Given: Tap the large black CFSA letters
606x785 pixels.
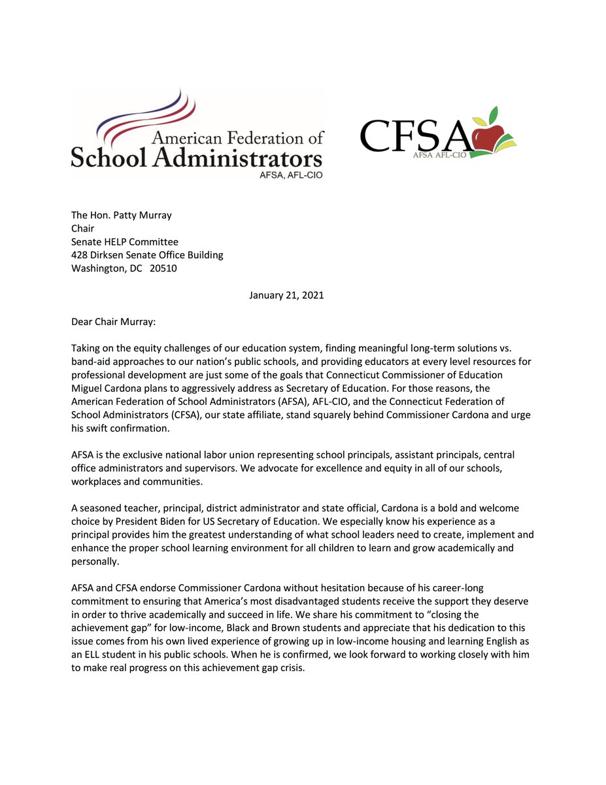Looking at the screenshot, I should coord(414,135).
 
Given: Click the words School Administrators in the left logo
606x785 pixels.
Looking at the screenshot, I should coord(196,158).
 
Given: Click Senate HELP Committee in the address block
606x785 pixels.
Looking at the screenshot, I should coord(125,242).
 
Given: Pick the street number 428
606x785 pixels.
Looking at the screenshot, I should coord(80,255).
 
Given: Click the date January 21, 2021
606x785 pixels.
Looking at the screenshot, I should coord(286,295).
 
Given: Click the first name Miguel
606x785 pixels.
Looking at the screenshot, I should coord(88,388).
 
